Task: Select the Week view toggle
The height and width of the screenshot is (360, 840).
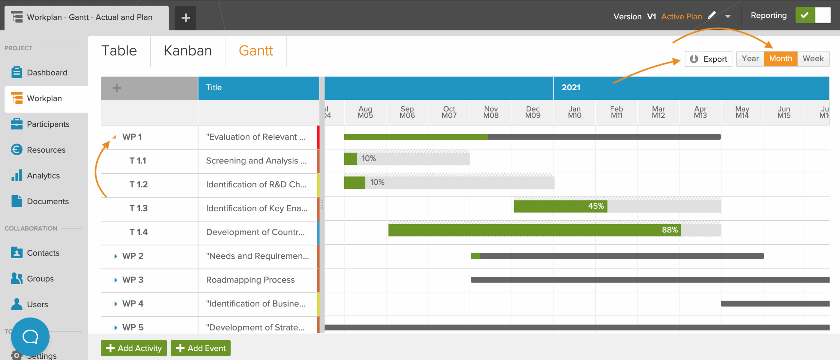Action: click(813, 59)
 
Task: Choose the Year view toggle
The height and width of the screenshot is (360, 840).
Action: click(750, 59)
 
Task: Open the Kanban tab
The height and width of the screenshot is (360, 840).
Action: click(188, 51)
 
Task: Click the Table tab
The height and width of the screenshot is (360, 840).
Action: click(119, 51)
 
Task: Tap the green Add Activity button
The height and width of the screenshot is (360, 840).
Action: click(134, 348)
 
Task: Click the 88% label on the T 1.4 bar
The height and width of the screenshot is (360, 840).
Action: click(669, 230)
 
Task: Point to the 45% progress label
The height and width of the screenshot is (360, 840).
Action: click(596, 206)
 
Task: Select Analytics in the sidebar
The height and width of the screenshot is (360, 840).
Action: click(43, 176)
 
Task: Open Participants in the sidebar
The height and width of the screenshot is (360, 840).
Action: click(48, 124)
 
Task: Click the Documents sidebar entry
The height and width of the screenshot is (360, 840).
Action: click(48, 201)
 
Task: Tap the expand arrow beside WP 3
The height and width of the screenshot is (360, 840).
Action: click(115, 280)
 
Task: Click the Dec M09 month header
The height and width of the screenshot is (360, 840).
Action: click(533, 112)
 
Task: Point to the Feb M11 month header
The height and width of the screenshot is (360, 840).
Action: click(616, 112)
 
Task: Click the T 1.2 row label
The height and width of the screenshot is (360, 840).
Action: click(138, 184)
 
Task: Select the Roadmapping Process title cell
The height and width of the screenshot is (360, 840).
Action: click(250, 280)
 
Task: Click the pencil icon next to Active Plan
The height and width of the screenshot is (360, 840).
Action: click(712, 15)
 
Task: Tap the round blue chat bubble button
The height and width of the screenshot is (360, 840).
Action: click(30, 336)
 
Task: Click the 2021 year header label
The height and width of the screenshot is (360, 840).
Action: click(571, 88)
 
